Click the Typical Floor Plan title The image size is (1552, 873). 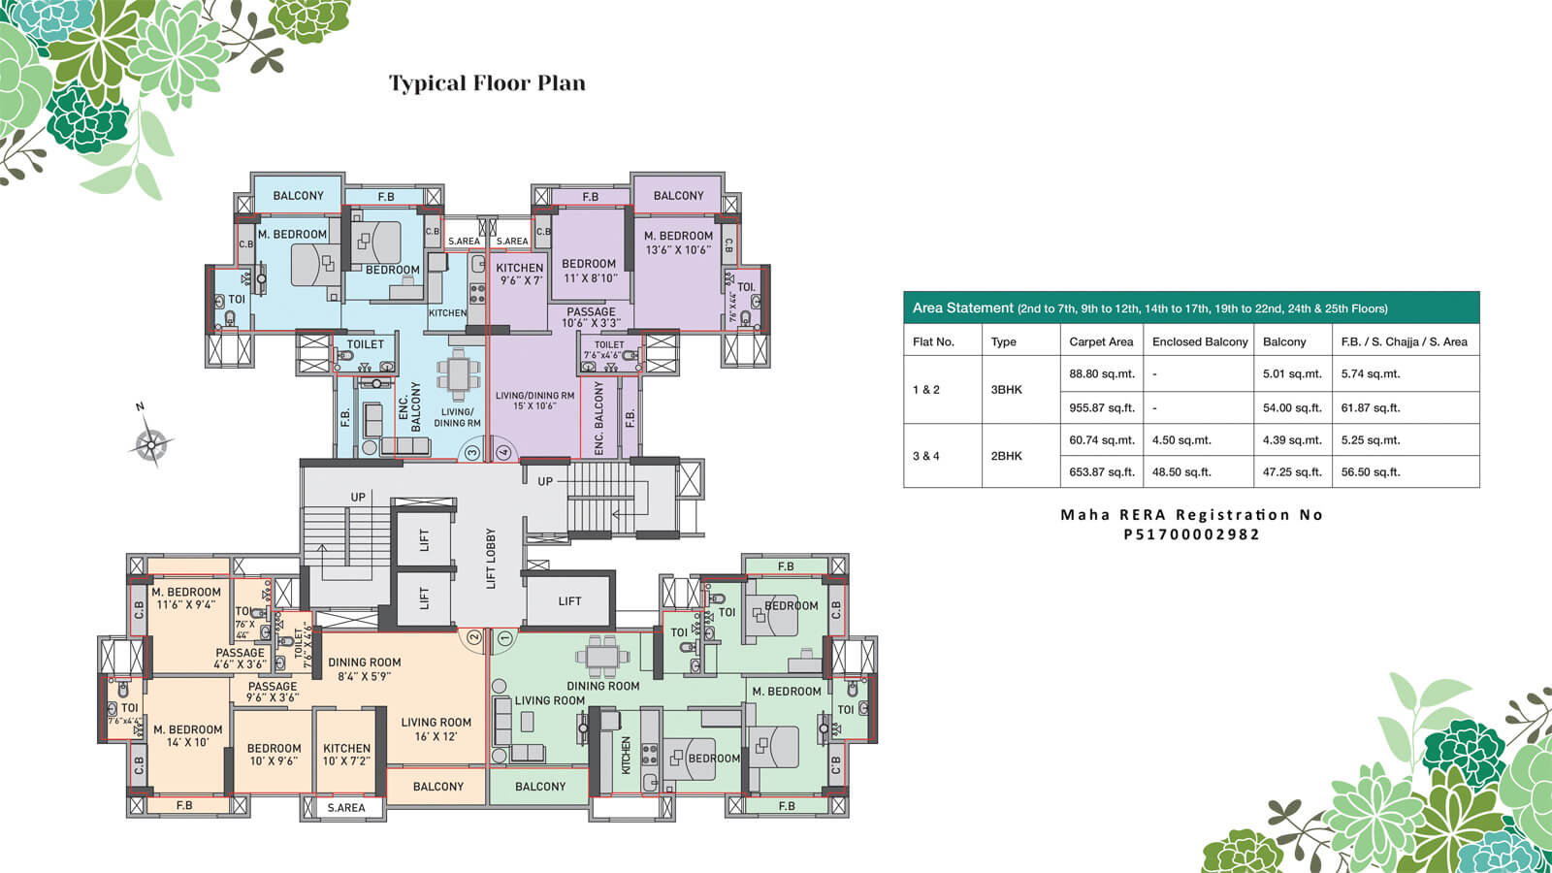pos(487,83)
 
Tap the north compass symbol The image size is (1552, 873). pos(150,444)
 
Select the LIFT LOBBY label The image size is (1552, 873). pos(491,559)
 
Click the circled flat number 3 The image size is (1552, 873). pos(472,452)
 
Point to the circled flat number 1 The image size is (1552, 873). pos(503,638)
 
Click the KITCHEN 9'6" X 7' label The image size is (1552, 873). pos(520,274)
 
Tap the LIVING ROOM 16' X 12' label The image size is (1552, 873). pos(436,728)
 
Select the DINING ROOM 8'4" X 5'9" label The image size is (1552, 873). pos(364,669)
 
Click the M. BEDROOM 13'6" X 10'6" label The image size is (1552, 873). pos(678,242)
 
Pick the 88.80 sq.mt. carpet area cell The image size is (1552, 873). pos(1101,373)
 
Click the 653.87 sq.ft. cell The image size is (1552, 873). pos(1101,471)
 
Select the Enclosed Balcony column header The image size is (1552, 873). pos(1200,341)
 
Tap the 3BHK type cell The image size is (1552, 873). pos(1007,390)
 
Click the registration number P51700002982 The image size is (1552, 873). pos(1191,534)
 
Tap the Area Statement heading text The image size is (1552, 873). pos(962,307)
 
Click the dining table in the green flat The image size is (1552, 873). pos(602,656)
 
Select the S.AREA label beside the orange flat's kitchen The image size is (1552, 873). pos(345,807)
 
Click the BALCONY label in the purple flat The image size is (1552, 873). pos(678,196)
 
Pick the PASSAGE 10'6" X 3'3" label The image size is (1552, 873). pos(591,317)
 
